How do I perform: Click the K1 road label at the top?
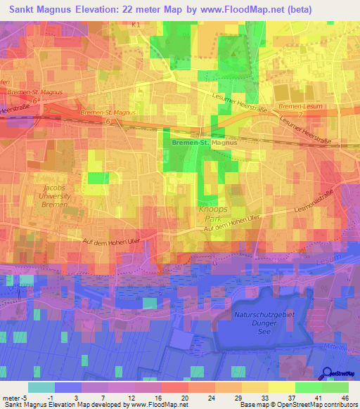tap(136, 25)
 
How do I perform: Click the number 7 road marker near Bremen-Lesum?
tap(300, 114)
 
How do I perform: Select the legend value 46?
tap(346, 397)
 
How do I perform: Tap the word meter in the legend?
tap(11, 397)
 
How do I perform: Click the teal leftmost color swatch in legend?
tap(41, 387)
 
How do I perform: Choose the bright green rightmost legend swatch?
tap(335, 387)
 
